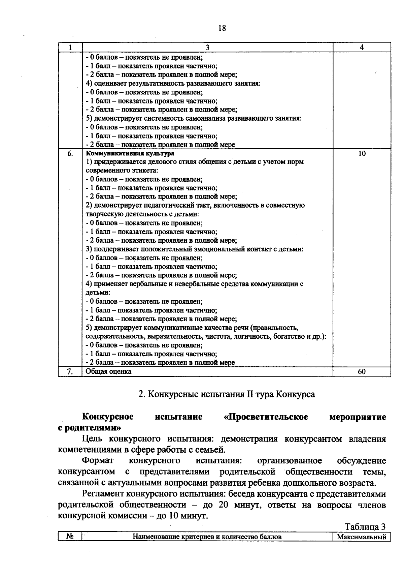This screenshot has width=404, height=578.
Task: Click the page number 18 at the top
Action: point(222,28)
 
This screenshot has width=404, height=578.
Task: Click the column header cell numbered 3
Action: point(207,48)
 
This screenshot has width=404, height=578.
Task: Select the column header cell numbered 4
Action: point(362,48)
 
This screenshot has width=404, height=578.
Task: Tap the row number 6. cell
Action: point(70,154)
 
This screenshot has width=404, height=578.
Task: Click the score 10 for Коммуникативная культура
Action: point(362,154)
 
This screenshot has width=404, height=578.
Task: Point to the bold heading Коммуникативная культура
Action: point(130,154)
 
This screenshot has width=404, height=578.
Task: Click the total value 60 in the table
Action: point(362,372)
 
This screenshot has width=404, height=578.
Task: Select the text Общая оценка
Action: point(108,371)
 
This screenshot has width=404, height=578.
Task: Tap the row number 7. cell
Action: point(70,372)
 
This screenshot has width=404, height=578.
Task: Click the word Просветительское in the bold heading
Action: point(266,417)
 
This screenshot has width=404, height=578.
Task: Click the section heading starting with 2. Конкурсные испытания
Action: point(227,394)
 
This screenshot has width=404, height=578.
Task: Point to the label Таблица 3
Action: point(365,527)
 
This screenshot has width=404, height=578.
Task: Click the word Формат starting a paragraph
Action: point(98,460)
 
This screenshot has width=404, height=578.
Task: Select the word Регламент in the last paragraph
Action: point(103,494)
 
